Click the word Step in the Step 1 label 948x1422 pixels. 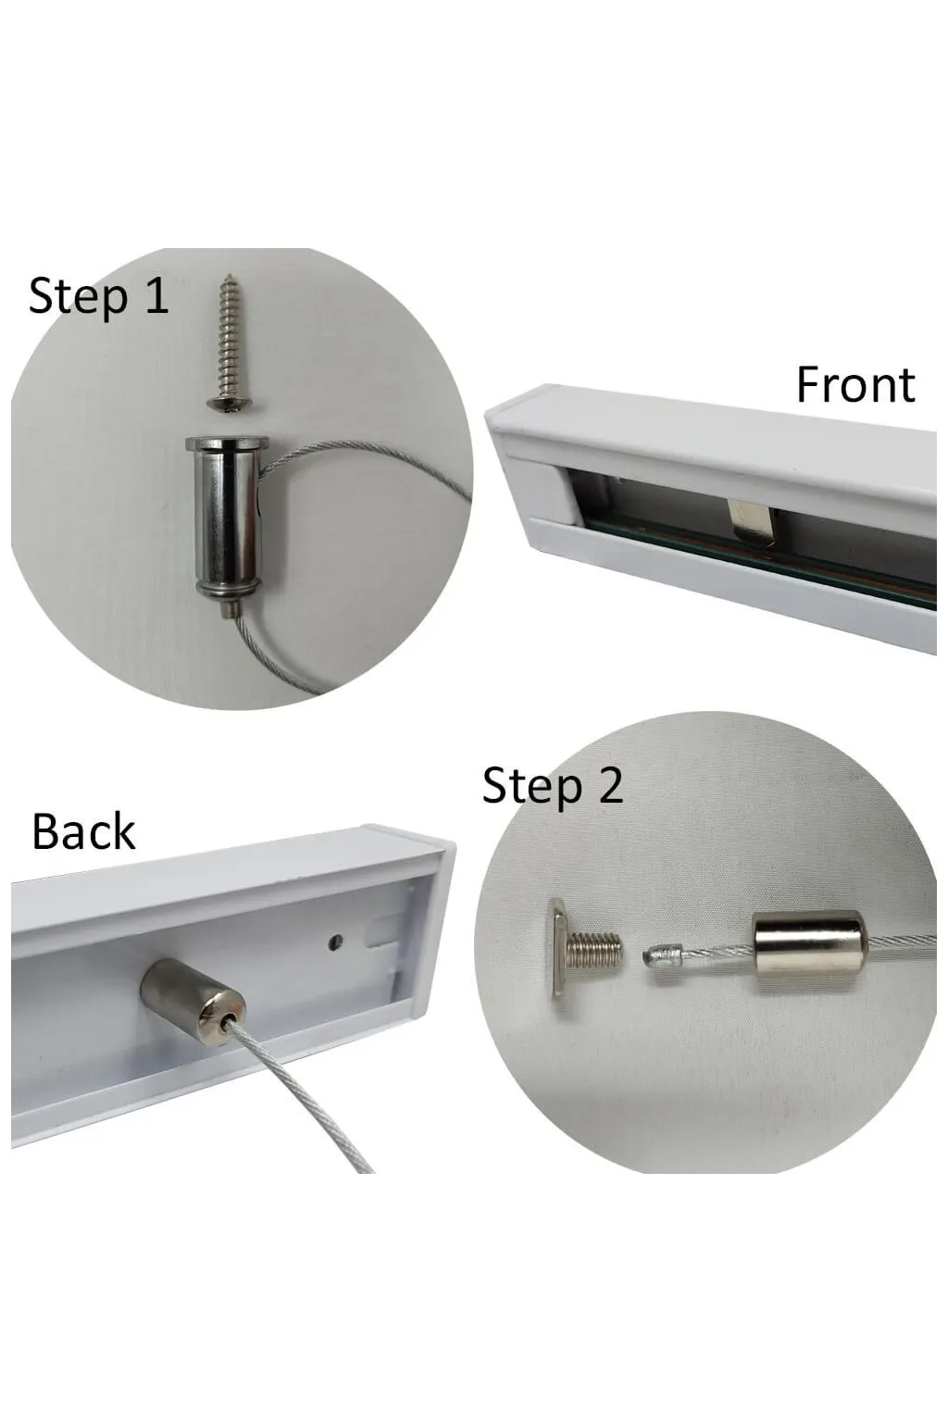tap(78, 296)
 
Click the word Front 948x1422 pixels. tap(855, 385)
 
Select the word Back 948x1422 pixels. tap(83, 831)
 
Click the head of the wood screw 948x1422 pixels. tap(230, 403)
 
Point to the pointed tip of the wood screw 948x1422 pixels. tap(228, 276)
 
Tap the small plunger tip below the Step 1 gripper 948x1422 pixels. tap(229, 611)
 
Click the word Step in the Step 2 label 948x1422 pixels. tap(532, 787)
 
